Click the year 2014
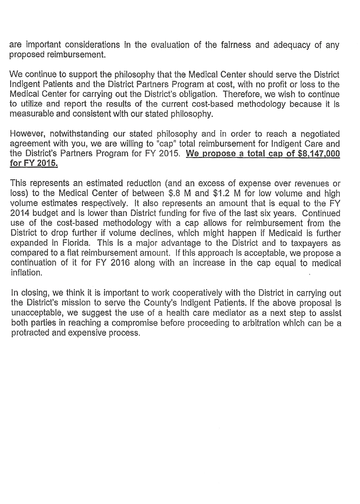click(20, 213)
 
